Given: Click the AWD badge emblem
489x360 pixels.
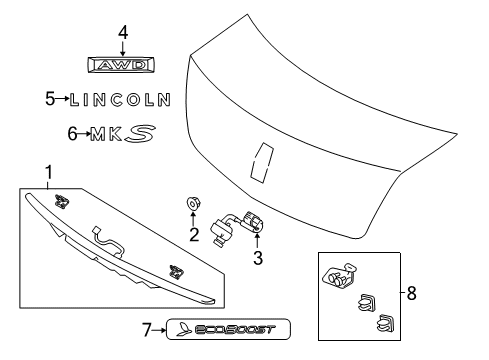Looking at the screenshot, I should click(122, 66).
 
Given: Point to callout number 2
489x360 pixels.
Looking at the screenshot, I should click(193, 264).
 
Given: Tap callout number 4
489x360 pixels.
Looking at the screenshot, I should click(122, 33).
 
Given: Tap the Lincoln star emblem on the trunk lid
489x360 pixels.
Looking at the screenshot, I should click(263, 162).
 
